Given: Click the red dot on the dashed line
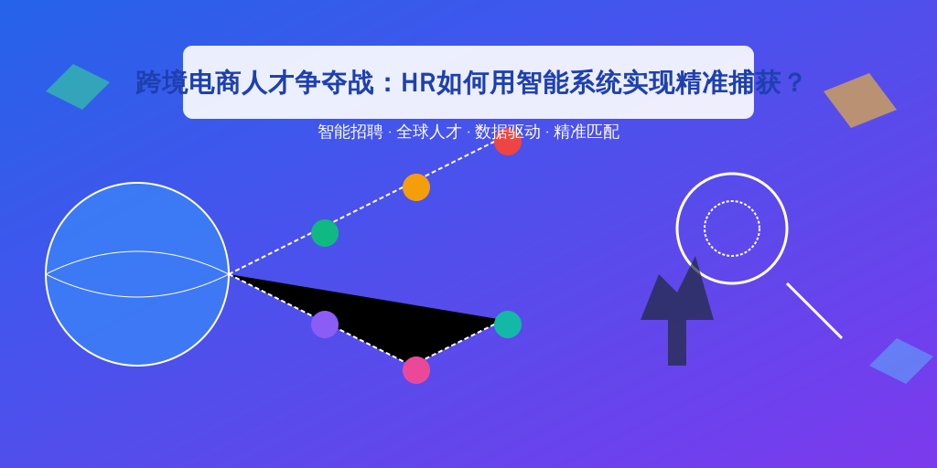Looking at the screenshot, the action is [x=508, y=142].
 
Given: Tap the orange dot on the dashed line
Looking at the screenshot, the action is [x=416, y=187].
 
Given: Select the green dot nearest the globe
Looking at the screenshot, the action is [x=325, y=233].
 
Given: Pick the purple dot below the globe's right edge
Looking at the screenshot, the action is [x=325, y=324].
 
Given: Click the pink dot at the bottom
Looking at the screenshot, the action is [x=416, y=370].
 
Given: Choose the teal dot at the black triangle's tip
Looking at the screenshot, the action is [x=508, y=324].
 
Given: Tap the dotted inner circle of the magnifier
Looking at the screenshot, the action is [x=732, y=202].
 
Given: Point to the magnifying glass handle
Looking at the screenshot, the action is [x=814, y=311].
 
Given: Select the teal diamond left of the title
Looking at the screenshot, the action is [x=78, y=87].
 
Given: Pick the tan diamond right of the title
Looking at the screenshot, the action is [x=860, y=101].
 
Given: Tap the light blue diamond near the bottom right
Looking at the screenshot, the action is [x=901, y=361].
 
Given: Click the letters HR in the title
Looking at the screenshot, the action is [x=418, y=83].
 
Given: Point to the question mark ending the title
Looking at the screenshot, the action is [x=794, y=83].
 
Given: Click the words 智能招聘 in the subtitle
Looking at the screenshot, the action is [x=350, y=132].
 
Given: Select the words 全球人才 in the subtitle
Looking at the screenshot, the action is [x=429, y=132].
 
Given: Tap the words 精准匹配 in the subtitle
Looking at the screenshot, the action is [x=587, y=132].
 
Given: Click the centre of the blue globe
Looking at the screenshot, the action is [x=137, y=274].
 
